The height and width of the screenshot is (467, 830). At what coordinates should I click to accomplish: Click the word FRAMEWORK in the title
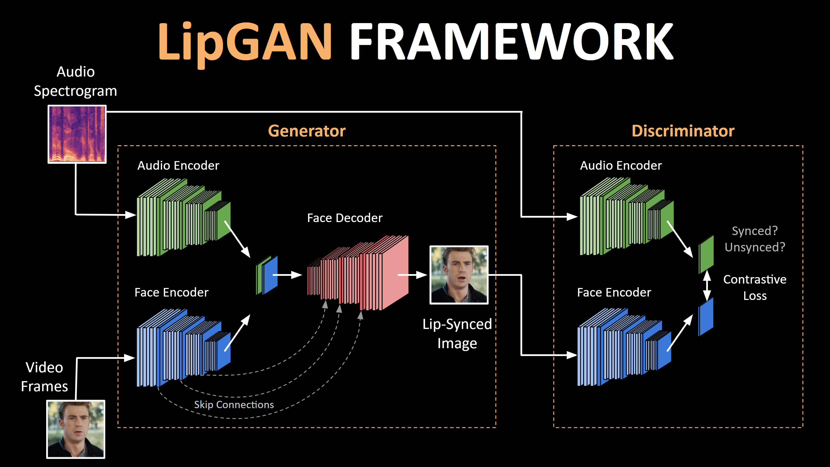point(512,42)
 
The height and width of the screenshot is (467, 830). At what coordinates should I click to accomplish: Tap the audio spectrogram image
point(77,134)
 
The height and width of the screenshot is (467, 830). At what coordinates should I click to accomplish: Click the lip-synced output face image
point(459,275)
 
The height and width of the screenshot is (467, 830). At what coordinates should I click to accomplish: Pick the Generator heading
point(307,131)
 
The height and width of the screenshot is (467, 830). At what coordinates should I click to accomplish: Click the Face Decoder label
point(344,218)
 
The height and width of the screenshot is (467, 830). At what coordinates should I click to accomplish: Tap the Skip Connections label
point(234,404)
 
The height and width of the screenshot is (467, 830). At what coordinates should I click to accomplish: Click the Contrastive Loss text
point(755,287)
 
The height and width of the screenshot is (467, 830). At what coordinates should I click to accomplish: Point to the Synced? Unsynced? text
point(755,239)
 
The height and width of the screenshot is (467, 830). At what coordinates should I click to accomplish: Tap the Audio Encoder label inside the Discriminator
point(621,165)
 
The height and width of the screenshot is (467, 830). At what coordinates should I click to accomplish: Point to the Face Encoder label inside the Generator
point(171,292)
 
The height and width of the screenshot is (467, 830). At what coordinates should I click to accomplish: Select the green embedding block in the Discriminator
point(706,254)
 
